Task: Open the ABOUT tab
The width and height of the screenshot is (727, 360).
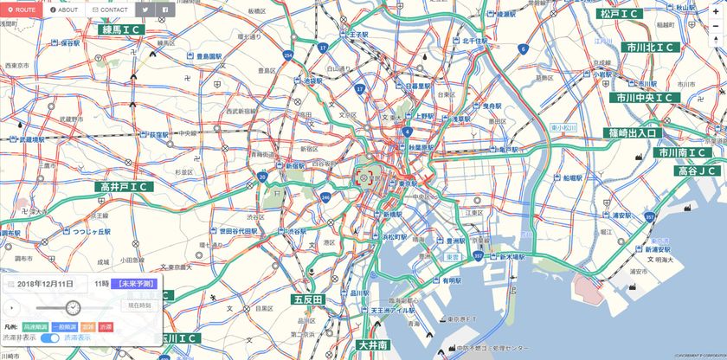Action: pos(65,10)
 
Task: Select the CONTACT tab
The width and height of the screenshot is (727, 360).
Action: pos(110,10)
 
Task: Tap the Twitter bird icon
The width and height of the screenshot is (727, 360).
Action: pos(145,10)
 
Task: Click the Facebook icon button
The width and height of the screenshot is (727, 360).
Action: pos(165,10)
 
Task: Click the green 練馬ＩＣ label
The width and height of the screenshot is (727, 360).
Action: pos(120,29)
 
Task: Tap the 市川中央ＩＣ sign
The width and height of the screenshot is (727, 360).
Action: pos(646,98)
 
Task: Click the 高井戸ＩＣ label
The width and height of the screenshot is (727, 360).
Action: pos(125,187)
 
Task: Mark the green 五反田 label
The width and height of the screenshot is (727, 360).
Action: pos(307,299)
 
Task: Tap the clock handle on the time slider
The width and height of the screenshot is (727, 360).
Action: pos(73,307)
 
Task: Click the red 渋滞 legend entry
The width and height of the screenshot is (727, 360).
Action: pos(106,327)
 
